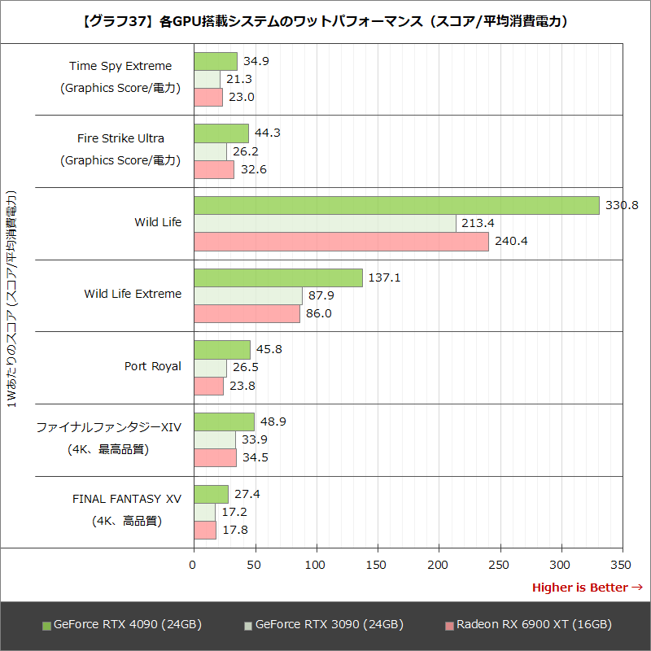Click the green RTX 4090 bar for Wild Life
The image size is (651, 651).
click(396, 205)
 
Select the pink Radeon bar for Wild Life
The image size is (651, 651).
click(341, 242)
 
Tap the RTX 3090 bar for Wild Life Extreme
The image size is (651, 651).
click(248, 295)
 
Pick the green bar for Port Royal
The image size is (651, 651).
click(222, 350)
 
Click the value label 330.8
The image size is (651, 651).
click(620, 205)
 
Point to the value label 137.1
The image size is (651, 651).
click(384, 277)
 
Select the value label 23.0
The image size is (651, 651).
click(241, 97)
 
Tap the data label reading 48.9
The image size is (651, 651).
click(273, 422)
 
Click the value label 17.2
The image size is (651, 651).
click(234, 512)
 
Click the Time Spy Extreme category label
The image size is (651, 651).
click(120, 66)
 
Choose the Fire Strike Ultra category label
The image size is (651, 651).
click(120, 138)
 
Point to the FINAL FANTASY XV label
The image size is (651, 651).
click(127, 498)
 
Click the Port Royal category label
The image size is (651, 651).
click(153, 366)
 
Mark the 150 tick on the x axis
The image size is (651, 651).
click(378, 565)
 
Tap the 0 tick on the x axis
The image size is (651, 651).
click(194, 565)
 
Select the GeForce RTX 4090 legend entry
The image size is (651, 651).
click(122, 625)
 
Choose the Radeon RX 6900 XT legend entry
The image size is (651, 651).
click(528, 625)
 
